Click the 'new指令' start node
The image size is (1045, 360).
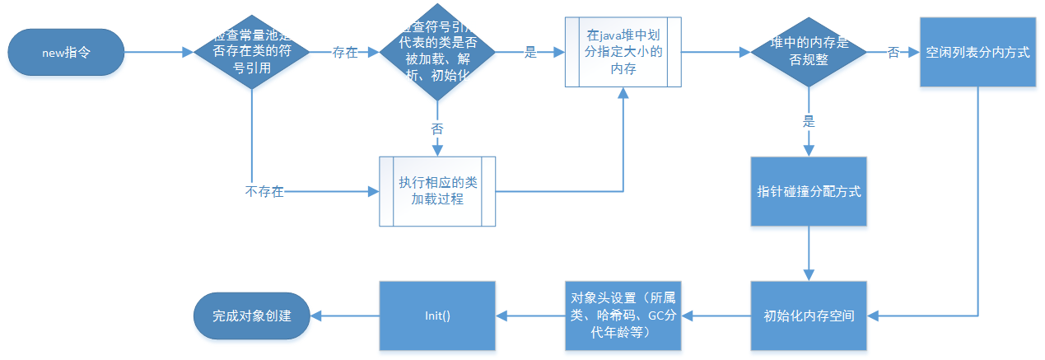pos(66,53)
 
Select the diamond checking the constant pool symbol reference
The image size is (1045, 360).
pos(252,53)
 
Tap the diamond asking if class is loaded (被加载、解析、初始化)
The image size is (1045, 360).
pos(436,53)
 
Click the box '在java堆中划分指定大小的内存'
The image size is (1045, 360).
pos(623,53)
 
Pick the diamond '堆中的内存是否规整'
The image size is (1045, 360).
pos(808,53)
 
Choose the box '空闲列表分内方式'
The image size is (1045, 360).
pos(977,53)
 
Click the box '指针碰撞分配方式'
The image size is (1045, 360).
pos(809,191)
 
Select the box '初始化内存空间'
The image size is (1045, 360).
pos(809,315)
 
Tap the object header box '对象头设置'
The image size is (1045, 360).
pos(623,315)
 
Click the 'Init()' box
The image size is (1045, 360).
pos(436,315)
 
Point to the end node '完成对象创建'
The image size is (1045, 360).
pos(252,315)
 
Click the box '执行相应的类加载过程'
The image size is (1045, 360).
pos(437,191)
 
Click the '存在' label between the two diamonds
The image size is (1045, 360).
pos(345,53)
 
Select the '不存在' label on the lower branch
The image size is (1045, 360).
pos(264,192)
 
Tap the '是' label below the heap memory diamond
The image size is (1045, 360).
pos(808,119)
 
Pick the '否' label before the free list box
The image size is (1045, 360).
pos(893,53)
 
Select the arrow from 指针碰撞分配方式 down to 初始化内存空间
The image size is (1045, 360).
pos(809,254)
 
